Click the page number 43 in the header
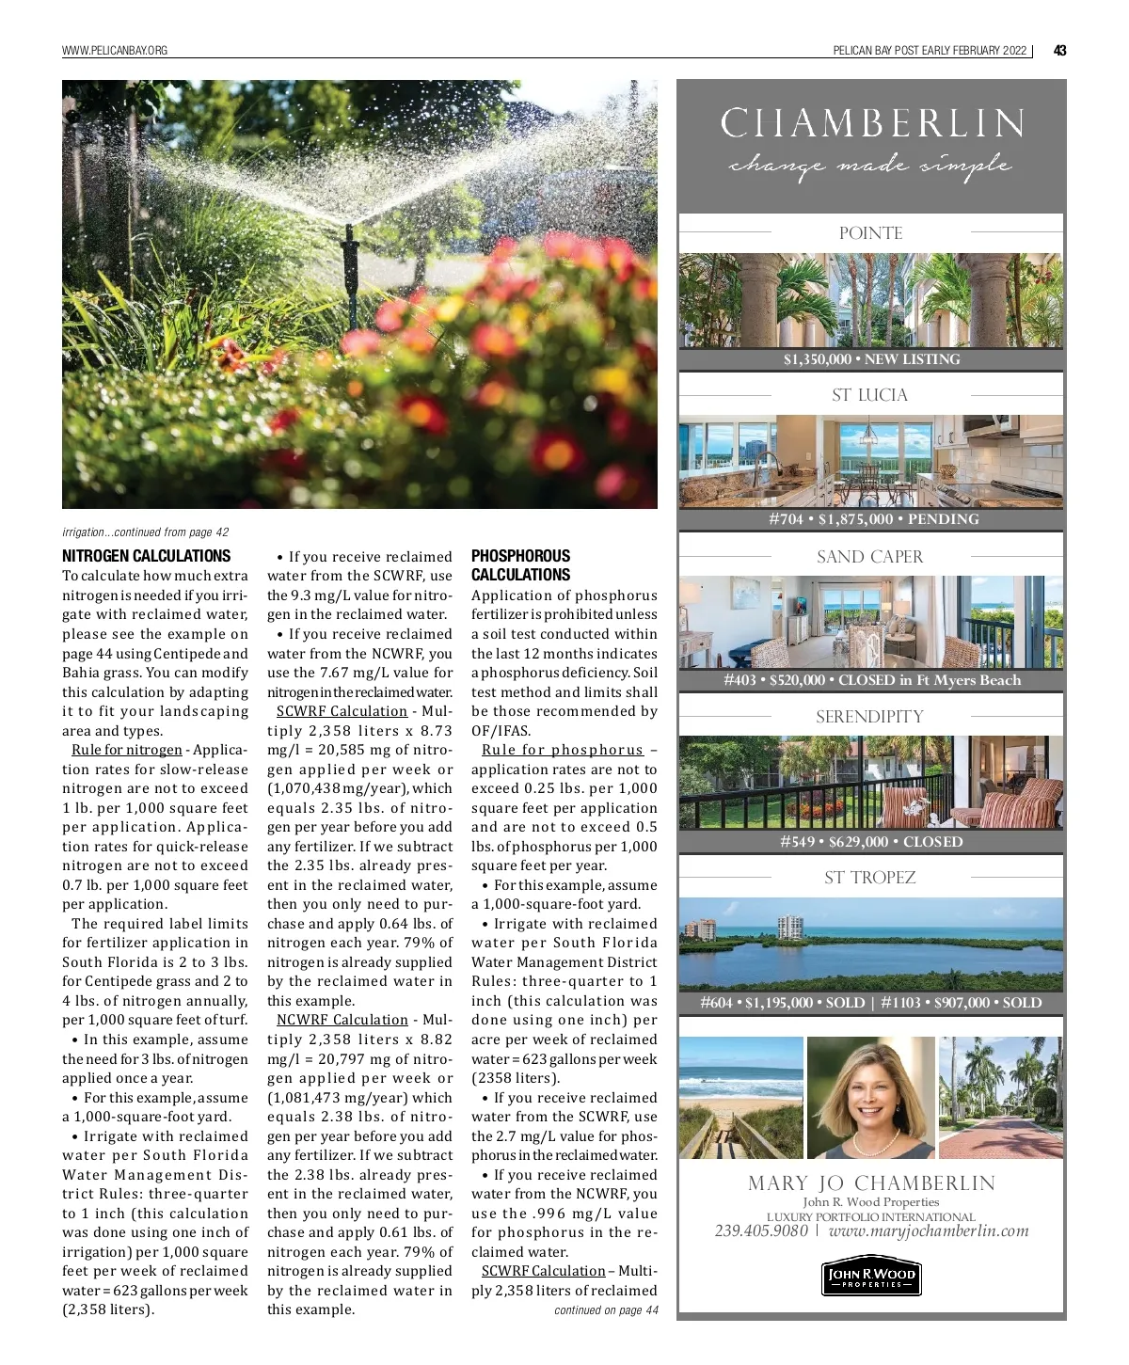pos(1059,51)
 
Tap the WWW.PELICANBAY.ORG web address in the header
pos(114,51)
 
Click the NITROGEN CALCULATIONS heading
pos(146,556)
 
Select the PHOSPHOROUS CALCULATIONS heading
pos(520,565)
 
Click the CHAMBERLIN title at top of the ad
pos(871,124)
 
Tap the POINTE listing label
pos(870,233)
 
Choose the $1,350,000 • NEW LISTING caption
pos(871,359)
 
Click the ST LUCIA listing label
pos(870,395)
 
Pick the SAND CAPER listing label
pos(870,557)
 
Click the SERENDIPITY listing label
pos(870,717)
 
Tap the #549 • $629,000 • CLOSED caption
pos(871,842)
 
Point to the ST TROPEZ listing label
pos(870,878)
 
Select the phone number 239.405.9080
pos(761,1230)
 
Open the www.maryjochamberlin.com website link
pos(929,1230)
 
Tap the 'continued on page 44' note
pos(606,1310)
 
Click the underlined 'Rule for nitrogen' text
pos(127,750)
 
